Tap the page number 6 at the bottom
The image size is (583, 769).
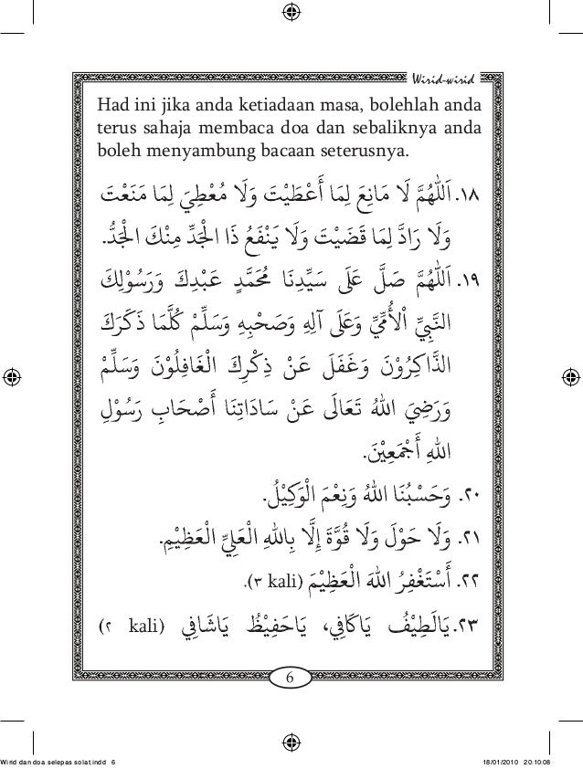point(291,678)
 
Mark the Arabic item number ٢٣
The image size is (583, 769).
point(468,627)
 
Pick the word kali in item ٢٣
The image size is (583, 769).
point(144,628)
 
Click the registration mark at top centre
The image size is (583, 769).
point(291,13)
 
